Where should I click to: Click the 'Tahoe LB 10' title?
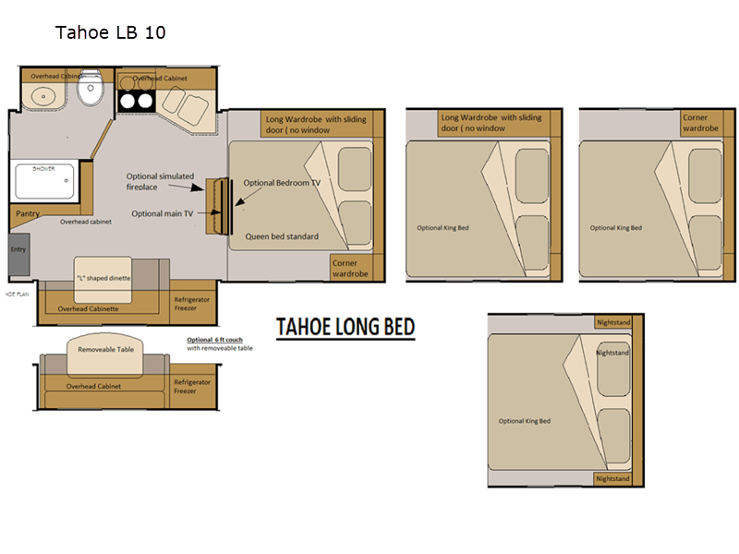[x=110, y=33]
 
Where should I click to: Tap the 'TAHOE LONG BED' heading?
[x=346, y=327]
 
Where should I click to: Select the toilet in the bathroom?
[x=90, y=90]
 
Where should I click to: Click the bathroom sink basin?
[x=42, y=95]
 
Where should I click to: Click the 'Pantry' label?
[x=28, y=213]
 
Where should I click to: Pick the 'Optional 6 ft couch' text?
[x=215, y=340]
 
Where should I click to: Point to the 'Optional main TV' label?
[x=163, y=213]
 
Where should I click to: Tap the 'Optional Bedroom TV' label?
[x=282, y=183]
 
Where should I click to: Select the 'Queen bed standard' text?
[x=282, y=236]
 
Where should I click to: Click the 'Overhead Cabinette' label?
[x=89, y=309]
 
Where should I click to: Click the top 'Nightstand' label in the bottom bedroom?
[x=612, y=321]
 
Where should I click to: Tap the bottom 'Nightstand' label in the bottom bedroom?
[x=612, y=478]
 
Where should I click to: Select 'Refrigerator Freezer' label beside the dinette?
[x=192, y=304]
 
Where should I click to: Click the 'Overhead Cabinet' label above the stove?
[x=160, y=78]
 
